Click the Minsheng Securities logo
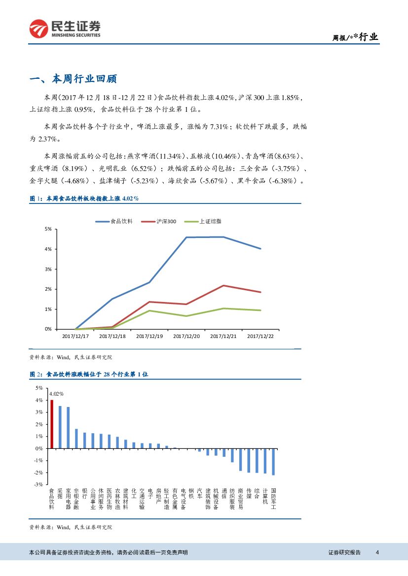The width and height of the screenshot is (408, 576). click(x=65, y=29)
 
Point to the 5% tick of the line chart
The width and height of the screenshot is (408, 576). click(x=48, y=229)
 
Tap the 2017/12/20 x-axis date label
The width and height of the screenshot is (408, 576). click(x=186, y=336)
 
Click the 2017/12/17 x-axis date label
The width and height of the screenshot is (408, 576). click(x=75, y=336)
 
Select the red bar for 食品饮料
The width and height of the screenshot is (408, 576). click(x=52, y=424)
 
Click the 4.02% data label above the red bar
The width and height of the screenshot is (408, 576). click(x=57, y=394)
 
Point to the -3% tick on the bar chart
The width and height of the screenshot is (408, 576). click(x=39, y=484)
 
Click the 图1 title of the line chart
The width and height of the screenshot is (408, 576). click(x=84, y=199)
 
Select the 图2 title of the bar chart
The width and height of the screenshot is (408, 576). click(x=89, y=375)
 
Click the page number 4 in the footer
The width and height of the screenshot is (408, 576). click(x=377, y=552)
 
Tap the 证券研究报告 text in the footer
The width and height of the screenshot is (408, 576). click(x=344, y=552)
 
